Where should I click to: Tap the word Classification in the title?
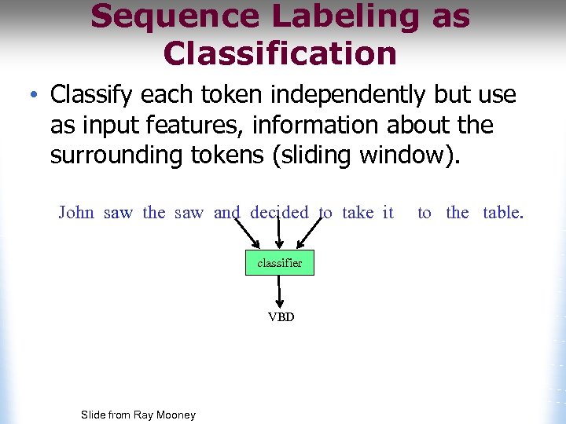(x=280, y=53)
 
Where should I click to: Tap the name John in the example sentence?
(x=76, y=213)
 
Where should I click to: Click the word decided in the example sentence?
(x=279, y=213)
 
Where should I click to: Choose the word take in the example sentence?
(x=358, y=213)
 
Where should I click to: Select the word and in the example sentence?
(x=226, y=213)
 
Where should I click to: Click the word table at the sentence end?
(x=502, y=213)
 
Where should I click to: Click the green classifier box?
(x=279, y=263)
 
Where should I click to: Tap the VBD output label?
(x=281, y=317)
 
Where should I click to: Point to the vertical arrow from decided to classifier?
(x=279, y=234)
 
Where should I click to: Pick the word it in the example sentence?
(x=388, y=213)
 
